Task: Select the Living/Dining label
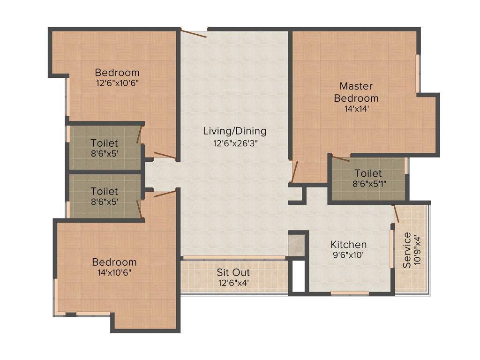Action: [x=235, y=131]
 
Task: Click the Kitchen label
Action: [x=348, y=245]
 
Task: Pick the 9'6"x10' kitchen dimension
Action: [x=348, y=256]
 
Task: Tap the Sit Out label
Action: [x=233, y=272]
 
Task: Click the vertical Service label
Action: [x=407, y=250]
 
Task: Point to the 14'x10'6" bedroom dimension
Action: [x=114, y=273]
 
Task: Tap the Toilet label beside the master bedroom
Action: [x=368, y=173]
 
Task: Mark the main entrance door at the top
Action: [x=194, y=33]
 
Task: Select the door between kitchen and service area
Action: [x=397, y=213]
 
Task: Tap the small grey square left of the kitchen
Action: [x=296, y=245]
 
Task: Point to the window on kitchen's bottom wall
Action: [x=349, y=293]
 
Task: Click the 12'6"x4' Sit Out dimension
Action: [x=233, y=283]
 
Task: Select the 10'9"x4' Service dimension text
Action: [x=420, y=250]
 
